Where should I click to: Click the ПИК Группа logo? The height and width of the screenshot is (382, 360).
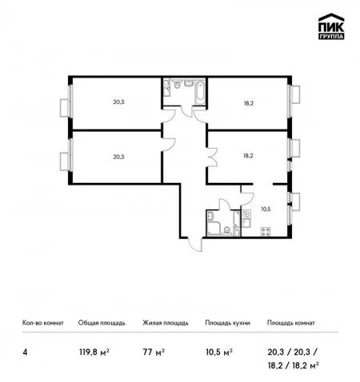pyautogui.click(x=331, y=26)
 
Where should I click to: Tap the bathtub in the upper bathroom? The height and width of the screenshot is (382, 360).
pyautogui.click(x=200, y=92)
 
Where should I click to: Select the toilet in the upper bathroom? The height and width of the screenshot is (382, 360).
pyautogui.click(x=177, y=84)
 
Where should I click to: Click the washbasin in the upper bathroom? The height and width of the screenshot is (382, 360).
pyautogui.click(x=189, y=83)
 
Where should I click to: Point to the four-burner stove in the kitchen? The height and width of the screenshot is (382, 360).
pyautogui.click(x=266, y=231)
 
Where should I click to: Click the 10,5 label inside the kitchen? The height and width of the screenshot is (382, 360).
pyautogui.click(x=266, y=209)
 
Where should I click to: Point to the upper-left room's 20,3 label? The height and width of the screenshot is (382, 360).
pyautogui.click(x=118, y=101)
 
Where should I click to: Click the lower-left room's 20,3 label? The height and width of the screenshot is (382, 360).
pyautogui.click(x=118, y=157)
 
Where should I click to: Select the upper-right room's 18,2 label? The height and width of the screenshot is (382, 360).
pyautogui.click(x=248, y=103)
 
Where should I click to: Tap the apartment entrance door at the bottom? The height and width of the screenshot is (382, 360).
pyautogui.click(x=195, y=245)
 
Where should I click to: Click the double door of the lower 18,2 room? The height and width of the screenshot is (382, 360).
pyautogui.click(x=213, y=157)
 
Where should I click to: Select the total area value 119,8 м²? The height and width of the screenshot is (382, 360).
pyautogui.click(x=94, y=352)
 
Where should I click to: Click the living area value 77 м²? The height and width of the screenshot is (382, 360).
pyautogui.click(x=154, y=352)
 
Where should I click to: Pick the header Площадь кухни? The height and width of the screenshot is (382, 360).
pyautogui.click(x=227, y=323)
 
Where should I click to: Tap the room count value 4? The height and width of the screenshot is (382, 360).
pyautogui.click(x=25, y=352)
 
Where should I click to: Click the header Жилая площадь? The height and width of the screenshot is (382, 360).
pyautogui.click(x=166, y=323)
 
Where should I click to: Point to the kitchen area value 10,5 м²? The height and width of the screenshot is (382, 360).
pyautogui.click(x=219, y=352)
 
